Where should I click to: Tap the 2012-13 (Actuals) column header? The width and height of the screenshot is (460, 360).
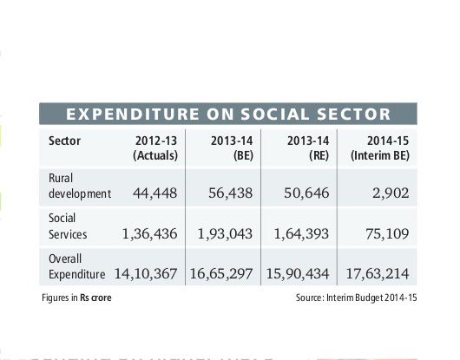(155, 147)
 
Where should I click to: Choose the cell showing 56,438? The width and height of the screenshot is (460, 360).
(233, 193)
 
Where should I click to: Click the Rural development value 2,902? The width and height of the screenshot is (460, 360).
(388, 193)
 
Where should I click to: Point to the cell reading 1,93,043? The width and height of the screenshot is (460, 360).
(227, 233)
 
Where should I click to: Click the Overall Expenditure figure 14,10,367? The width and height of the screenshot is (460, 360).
(146, 274)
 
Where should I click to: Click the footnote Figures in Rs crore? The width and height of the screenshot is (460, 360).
(76, 298)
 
